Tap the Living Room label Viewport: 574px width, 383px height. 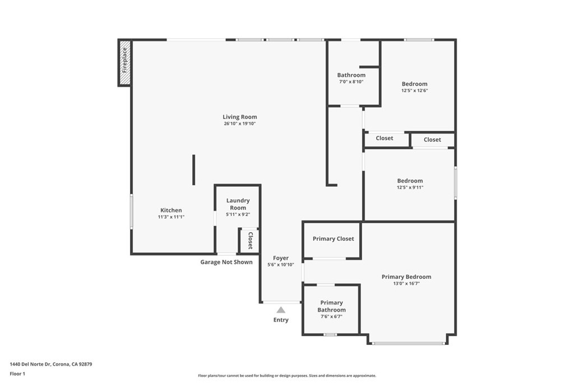click(239, 117)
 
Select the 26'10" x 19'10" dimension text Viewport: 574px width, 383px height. click(239, 124)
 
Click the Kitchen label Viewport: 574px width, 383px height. click(171, 210)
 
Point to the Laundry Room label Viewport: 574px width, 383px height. click(238, 204)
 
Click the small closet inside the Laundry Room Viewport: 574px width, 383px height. click(249, 240)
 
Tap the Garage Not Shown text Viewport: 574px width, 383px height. click(226, 262)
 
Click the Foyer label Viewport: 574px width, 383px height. click(280, 258)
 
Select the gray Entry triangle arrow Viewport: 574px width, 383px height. click(281, 310)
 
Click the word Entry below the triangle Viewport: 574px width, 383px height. click(281, 320)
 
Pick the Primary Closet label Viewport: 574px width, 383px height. click(333, 239)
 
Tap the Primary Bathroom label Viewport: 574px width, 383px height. click(331, 306)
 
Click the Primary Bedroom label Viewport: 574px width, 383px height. click(406, 276)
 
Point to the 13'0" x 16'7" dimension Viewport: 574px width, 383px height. click(406, 284)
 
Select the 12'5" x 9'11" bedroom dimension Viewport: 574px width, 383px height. click(410, 188)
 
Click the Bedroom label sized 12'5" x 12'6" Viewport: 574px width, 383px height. click(414, 84)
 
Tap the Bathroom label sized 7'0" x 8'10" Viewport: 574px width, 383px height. click(351, 75)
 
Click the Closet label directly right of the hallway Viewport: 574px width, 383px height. click(385, 138)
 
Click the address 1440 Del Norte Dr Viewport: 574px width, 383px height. click(50, 364)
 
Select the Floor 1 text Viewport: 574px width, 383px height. click(17, 373)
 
